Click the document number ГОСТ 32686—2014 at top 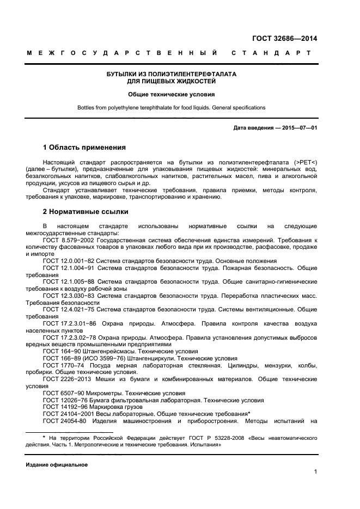pos(284,38)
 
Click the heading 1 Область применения pos(84,148)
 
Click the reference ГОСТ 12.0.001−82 pos(71,261)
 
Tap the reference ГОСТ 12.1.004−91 pos(71,268)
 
